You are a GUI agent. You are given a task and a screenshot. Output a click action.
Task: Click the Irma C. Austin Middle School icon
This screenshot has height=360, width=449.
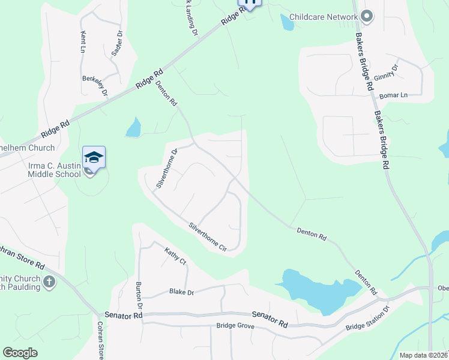[x=94, y=158]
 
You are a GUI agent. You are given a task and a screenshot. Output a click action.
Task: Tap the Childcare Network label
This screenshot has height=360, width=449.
[x=323, y=17]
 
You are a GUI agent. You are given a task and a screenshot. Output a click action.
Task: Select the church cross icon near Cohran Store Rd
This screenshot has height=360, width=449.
[x=49, y=281]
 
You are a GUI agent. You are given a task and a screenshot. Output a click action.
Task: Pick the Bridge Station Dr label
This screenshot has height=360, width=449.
[x=367, y=319]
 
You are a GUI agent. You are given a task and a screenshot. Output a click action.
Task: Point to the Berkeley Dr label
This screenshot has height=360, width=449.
[x=95, y=85]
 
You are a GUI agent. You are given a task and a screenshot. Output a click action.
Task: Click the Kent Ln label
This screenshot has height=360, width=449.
[x=82, y=43]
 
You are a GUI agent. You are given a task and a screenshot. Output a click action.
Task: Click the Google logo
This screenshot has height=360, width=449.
[x=20, y=352]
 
